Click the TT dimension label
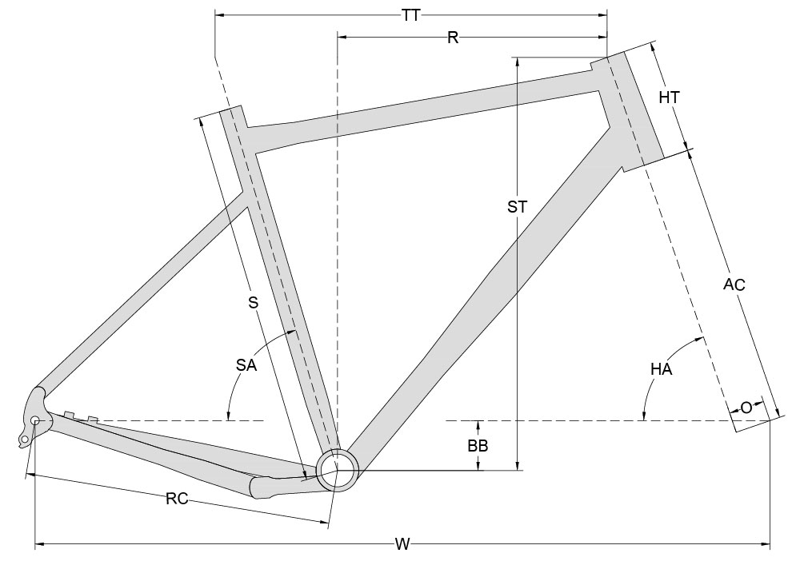pos(412,14)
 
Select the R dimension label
pos(453,38)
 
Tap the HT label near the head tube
pos(669,97)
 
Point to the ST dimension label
pos(518,206)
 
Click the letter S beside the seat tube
pos(253,302)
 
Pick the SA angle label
pos(246,365)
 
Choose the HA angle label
pos(661,369)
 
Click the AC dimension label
pos(734,285)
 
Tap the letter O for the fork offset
pos(746,408)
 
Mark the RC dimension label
pos(177,499)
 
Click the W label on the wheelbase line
pos(402,545)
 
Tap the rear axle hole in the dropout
pos(35,420)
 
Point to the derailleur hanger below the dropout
pos(26,437)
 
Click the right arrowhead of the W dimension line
pos(766,546)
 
